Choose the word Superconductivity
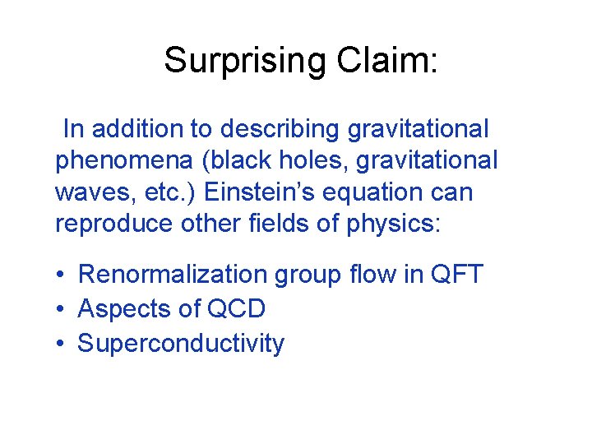[181, 343]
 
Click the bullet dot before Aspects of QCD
[62, 309]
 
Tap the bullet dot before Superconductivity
[62, 344]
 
